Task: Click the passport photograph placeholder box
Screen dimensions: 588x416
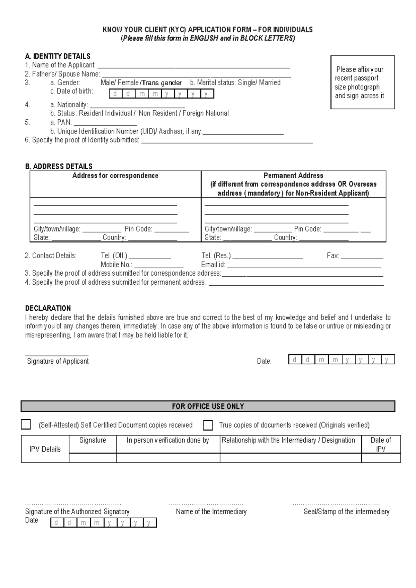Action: pyautogui.click(x=362, y=82)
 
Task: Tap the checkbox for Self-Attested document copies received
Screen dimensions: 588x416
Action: pyautogui.click(x=26, y=424)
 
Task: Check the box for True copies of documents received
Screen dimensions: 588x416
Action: pyautogui.click(x=208, y=425)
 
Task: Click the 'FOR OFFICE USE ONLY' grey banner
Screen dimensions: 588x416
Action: pyautogui.click(x=208, y=406)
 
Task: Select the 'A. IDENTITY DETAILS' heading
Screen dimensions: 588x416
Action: pyautogui.click(x=58, y=56)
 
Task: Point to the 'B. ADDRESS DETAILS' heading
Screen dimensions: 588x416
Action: pyautogui.click(x=59, y=166)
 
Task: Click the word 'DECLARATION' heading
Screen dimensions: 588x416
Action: pyautogui.click(x=48, y=308)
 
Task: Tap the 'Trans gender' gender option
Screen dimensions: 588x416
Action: pyautogui.click(x=162, y=83)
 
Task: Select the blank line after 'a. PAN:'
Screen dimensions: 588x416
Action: pyautogui.click(x=105, y=123)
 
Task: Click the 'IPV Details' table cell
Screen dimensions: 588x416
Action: pyautogui.click(x=45, y=449)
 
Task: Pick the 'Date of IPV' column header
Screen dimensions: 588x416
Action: pyautogui.click(x=381, y=444)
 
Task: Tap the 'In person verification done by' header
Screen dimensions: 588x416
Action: pyautogui.click(x=168, y=440)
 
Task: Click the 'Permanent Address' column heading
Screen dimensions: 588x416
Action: pyautogui.click(x=293, y=176)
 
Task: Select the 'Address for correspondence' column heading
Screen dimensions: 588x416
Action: pyautogui.click(x=115, y=176)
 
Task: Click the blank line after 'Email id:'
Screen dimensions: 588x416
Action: pyautogui.click(x=304, y=266)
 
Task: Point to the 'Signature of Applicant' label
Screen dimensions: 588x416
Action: pyautogui.click(x=58, y=361)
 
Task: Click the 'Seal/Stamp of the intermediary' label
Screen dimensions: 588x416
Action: pyautogui.click(x=346, y=512)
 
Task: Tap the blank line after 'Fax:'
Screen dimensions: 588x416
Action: pyautogui.click(x=362, y=257)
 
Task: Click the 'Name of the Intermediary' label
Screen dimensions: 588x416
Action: pyautogui.click(x=211, y=512)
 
